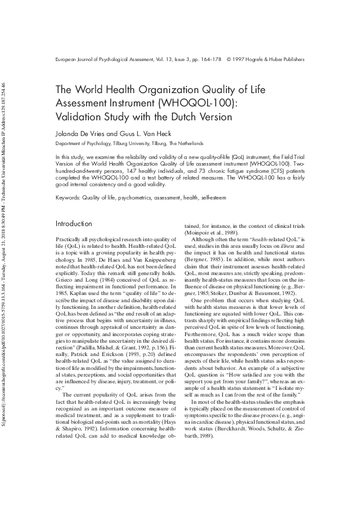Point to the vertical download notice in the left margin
5,254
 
